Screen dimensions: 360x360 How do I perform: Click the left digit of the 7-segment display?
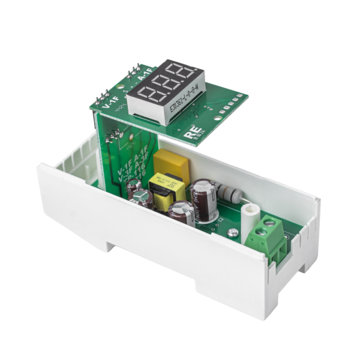click(x=146, y=96)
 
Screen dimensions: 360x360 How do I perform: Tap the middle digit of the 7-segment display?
click(x=165, y=86)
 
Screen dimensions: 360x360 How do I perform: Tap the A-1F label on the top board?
click(x=143, y=77)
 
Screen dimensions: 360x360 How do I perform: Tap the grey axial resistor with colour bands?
click(x=229, y=193)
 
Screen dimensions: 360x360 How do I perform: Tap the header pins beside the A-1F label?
click(x=133, y=70)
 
